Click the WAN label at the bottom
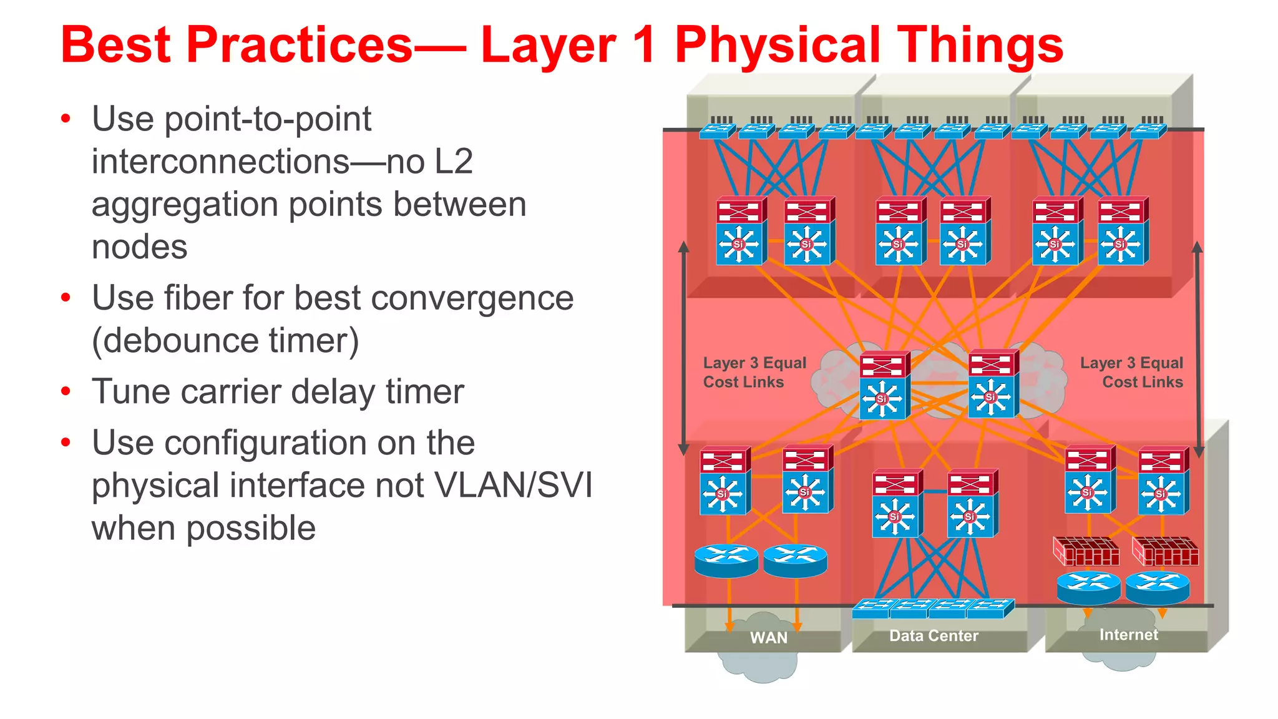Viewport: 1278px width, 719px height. click(768, 638)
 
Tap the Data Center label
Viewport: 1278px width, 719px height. click(934, 636)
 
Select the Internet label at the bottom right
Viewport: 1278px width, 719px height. click(1128, 635)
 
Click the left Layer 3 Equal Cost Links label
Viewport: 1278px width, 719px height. click(754, 373)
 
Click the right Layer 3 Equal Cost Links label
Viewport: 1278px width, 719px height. click(1131, 373)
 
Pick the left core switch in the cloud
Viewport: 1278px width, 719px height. click(884, 386)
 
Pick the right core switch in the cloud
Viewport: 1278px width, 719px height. click(992, 384)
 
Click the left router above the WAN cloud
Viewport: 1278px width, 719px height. click(726, 561)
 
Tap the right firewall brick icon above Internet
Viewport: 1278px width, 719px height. click(1165, 551)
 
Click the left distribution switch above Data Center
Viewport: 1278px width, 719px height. click(896, 504)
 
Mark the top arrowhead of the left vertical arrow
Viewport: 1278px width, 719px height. click(683, 247)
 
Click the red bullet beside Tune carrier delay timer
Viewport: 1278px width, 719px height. click(66, 392)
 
